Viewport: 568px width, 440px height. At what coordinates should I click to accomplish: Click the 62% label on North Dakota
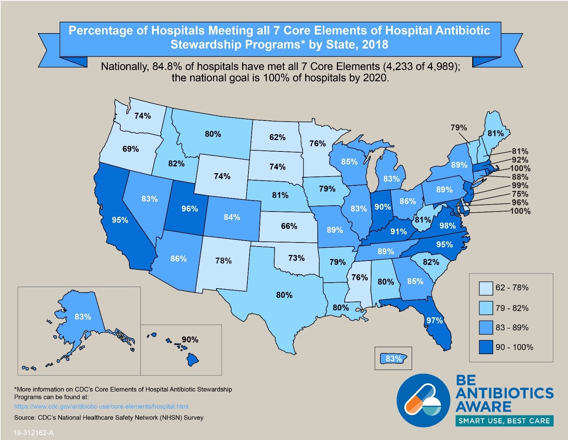tap(277, 137)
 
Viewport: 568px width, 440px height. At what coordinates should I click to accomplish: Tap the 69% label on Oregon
tap(130, 149)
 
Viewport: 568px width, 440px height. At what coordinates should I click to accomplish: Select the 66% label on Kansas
tap(289, 226)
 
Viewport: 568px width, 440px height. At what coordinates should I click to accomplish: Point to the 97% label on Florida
tap(435, 321)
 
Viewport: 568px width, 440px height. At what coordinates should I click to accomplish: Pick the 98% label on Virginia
tap(447, 226)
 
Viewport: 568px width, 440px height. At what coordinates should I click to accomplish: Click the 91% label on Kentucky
tap(398, 232)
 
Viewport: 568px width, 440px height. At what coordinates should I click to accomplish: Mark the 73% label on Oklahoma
tap(296, 258)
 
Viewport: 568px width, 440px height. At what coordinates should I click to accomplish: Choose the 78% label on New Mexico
tap(223, 261)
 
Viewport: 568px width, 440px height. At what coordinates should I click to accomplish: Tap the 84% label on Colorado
tap(232, 217)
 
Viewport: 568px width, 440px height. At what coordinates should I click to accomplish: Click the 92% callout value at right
tap(520, 160)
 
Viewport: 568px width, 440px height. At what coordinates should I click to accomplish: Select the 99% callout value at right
tap(520, 185)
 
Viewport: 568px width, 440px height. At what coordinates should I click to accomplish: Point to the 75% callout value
tap(520, 194)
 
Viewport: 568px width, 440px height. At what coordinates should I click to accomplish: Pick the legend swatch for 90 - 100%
tap(486, 347)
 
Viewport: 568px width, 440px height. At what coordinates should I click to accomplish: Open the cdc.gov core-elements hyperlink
tap(101, 406)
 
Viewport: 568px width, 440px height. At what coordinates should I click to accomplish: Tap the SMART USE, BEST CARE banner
tap(504, 421)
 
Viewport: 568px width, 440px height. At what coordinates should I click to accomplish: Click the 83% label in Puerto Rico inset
tap(394, 359)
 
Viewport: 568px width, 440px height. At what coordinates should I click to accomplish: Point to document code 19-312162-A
tap(34, 433)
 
